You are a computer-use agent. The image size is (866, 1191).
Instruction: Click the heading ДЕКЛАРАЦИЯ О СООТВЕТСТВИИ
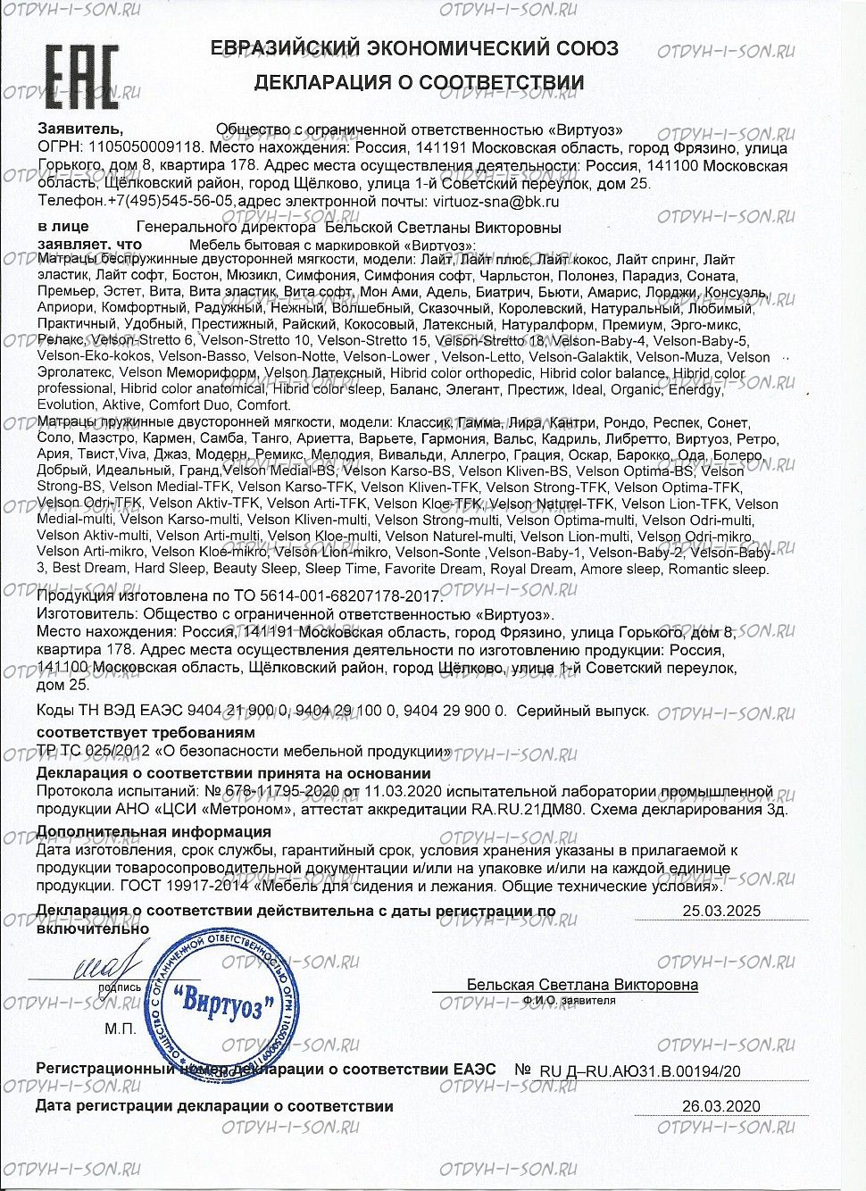[419, 83]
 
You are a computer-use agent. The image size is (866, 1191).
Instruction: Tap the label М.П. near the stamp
[120, 1029]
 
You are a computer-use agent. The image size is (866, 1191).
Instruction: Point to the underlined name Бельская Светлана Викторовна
[582, 985]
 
